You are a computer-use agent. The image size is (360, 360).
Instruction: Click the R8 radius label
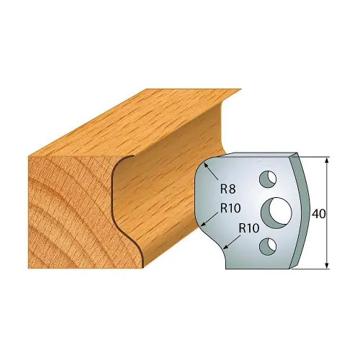click(226, 190)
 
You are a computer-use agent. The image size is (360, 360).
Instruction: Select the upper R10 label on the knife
click(228, 209)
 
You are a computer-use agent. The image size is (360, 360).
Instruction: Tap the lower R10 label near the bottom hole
click(248, 228)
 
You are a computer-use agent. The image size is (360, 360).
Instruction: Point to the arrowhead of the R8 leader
click(206, 165)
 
